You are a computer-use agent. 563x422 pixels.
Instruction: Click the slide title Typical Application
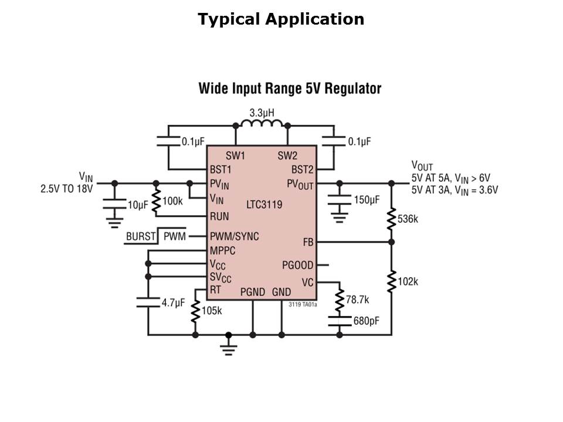(x=281, y=19)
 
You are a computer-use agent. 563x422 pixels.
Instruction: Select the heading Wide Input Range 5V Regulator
(x=290, y=89)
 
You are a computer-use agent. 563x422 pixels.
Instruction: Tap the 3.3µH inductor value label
(x=262, y=113)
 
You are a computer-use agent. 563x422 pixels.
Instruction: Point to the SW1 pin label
(x=235, y=156)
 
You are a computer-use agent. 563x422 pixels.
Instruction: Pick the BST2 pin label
(x=303, y=170)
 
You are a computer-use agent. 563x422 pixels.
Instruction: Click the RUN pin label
(x=220, y=216)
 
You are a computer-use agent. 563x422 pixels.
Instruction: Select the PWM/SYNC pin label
(x=235, y=237)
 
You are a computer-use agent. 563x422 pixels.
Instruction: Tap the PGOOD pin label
(x=297, y=266)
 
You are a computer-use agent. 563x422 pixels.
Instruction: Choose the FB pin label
(x=308, y=242)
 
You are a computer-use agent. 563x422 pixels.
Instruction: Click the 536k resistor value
(x=408, y=219)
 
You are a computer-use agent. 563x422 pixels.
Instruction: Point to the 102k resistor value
(x=408, y=281)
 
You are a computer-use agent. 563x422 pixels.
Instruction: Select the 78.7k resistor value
(x=357, y=300)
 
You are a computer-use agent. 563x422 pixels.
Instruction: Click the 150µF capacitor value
(x=367, y=200)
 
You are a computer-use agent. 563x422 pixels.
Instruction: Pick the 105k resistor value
(x=212, y=311)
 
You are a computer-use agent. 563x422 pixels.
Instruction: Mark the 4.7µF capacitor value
(x=173, y=303)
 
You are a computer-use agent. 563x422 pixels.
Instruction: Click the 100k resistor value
(x=172, y=201)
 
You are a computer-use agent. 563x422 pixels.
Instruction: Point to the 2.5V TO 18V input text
(x=66, y=189)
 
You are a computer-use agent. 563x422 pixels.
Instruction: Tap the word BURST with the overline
(x=141, y=237)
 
